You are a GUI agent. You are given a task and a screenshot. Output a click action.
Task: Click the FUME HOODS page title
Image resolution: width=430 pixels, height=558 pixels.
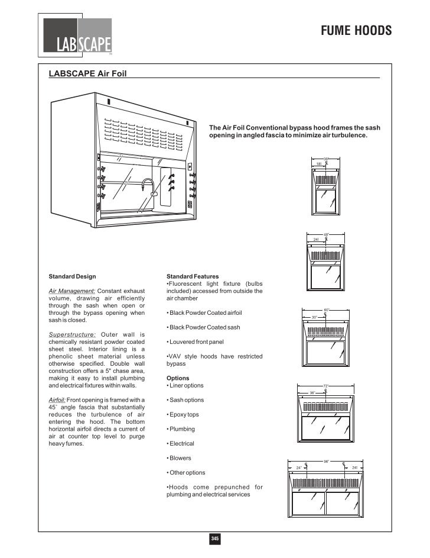tap(356, 31)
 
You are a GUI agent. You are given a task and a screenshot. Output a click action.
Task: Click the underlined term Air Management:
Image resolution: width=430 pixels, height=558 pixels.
tap(71, 291)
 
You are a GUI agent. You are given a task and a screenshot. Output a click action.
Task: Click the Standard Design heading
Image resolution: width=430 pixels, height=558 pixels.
tap(72, 276)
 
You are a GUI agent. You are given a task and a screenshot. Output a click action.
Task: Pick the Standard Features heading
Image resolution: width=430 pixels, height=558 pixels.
tap(193, 276)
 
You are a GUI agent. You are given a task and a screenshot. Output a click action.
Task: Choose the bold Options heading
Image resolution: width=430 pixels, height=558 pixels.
tap(178, 378)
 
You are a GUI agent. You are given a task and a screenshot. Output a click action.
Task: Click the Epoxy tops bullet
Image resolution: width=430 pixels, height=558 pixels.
tap(184, 415)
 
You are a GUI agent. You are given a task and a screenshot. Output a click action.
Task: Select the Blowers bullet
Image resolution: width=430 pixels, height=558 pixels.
tap(180, 458)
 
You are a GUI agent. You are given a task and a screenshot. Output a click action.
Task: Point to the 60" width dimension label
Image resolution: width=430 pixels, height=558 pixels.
tap(326, 309)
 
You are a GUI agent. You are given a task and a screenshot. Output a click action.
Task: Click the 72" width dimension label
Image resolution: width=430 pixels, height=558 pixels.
tap(326, 386)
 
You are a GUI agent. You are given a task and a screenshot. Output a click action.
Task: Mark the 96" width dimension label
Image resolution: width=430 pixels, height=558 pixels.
tap(326, 461)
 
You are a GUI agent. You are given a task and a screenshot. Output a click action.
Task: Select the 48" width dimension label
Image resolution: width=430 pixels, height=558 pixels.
tap(326, 234)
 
